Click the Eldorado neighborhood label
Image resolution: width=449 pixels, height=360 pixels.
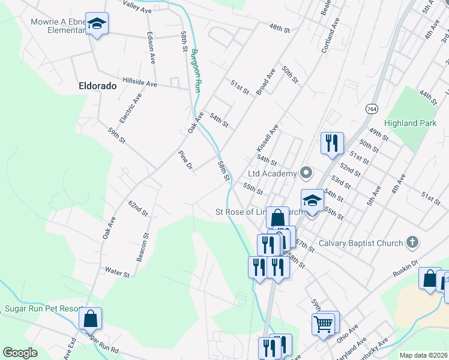click(x=97, y=86)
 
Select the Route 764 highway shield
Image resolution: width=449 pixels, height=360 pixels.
click(x=372, y=109)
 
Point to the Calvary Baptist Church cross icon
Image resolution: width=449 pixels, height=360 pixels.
click(x=412, y=243)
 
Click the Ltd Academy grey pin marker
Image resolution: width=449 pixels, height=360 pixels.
click(x=306, y=173)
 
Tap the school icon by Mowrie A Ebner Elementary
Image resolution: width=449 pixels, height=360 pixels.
click(x=97, y=25)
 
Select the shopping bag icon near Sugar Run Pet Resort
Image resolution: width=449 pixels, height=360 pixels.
click(x=90, y=319)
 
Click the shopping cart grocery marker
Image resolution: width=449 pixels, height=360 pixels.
click(x=324, y=325)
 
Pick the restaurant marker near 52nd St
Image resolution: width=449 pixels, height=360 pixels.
click(x=332, y=143)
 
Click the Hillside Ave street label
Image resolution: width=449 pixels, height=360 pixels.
click(x=139, y=82)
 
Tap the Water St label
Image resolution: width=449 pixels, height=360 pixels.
click(x=117, y=273)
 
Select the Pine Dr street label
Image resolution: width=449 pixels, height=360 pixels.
click(x=185, y=160)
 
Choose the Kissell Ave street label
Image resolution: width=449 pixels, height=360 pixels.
click(x=267, y=138)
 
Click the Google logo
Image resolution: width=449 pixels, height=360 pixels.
click(x=20, y=353)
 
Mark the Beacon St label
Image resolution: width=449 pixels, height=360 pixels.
click(x=143, y=247)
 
